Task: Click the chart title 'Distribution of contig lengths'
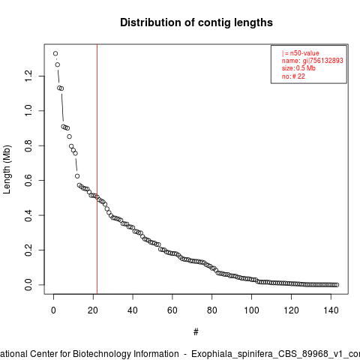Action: (x=196, y=22)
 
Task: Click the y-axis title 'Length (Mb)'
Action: (x=7, y=169)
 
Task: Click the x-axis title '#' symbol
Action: (x=196, y=332)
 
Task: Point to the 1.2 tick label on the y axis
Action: (x=28, y=76)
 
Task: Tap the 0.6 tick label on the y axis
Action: (x=28, y=180)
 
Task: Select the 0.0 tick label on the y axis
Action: (x=28, y=285)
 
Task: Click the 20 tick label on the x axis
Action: (x=93, y=310)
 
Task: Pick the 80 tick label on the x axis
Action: (x=212, y=310)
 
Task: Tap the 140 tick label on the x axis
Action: (x=331, y=310)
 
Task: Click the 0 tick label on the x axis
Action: (x=53, y=310)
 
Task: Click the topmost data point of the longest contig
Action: (x=55, y=53)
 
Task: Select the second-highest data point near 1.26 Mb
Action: (x=58, y=64)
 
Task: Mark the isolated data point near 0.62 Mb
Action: (x=77, y=176)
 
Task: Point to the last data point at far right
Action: (x=337, y=285)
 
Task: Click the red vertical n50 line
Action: (x=97, y=169)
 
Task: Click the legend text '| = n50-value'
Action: (x=301, y=53)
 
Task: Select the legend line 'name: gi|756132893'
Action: (x=312, y=61)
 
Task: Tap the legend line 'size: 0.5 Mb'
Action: (x=298, y=68)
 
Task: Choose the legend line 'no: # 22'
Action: (x=293, y=76)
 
